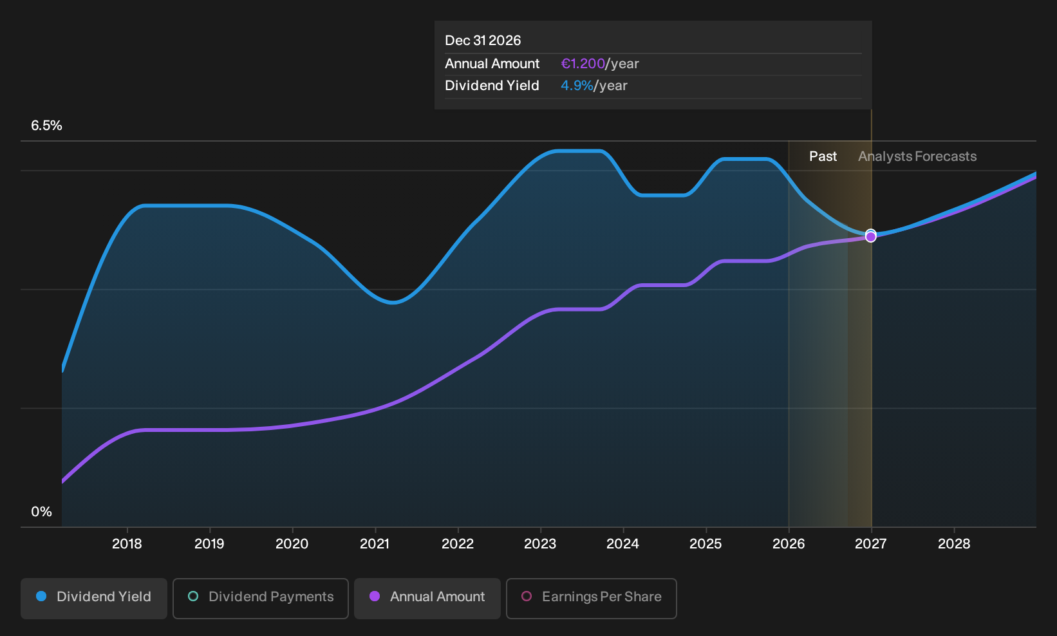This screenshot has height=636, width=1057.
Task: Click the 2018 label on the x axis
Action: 127,543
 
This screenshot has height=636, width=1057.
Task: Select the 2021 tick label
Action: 375,543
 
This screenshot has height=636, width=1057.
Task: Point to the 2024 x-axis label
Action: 623,543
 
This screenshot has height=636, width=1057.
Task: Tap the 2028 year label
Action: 954,543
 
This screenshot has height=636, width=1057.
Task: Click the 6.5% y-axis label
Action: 46,126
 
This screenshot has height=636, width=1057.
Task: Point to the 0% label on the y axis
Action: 42,512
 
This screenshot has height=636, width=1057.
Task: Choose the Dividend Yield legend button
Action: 94,598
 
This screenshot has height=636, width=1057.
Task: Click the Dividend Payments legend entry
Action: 261,598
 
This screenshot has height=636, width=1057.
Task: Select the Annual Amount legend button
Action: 427,598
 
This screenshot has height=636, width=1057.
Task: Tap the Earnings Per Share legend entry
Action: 591,598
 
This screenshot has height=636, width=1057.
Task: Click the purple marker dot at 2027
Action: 870,237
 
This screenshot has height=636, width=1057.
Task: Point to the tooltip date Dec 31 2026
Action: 483,41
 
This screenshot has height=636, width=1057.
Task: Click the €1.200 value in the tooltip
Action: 583,63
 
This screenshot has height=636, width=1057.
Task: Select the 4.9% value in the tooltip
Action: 577,86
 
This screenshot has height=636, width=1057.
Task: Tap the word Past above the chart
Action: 823,156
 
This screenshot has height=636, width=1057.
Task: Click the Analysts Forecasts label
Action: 917,156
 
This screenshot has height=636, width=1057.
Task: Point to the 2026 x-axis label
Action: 789,543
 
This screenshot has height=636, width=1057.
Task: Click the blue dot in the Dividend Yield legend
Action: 42,596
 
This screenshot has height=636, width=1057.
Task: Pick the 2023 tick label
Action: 540,543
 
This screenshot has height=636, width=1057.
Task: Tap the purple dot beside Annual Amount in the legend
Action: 375,596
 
